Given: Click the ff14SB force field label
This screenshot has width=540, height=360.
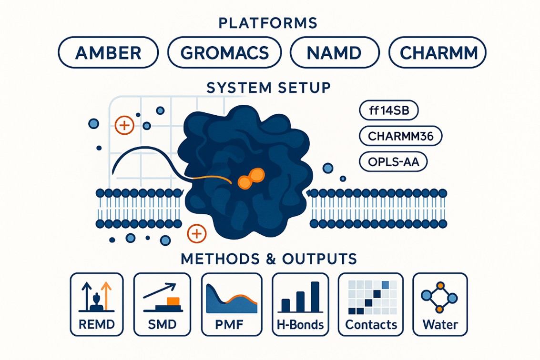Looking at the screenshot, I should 388,111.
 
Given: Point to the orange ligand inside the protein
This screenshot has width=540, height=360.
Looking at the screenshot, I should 251,178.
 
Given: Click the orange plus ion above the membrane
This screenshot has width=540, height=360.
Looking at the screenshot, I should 123,126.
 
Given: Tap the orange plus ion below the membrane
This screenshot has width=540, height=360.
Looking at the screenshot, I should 195,233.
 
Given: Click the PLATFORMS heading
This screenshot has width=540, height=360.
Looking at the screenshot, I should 270,23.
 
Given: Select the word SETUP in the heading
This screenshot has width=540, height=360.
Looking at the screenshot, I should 306,88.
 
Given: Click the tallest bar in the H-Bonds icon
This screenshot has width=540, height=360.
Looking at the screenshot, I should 315,296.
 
